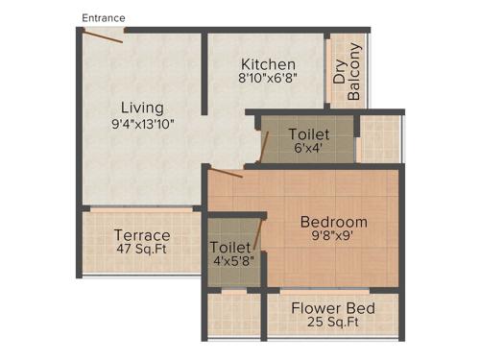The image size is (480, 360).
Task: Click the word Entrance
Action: point(104,17)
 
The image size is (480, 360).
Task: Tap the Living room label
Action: point(142,107)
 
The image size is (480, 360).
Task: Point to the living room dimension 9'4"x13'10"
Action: point(142,123)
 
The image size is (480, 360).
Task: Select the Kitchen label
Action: point(268,64)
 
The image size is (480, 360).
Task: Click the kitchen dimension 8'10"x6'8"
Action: point(268,80)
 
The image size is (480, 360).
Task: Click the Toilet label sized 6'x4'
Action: point(308,134)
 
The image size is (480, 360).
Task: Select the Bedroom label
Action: point(333,222)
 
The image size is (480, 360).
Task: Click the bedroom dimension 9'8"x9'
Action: point(333,237)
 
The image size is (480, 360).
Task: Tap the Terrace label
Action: point(142,235)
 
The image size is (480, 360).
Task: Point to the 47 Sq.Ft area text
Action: point(142,251)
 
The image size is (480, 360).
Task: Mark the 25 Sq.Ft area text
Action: point(334,324)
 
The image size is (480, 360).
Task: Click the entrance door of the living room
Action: point(102,35)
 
